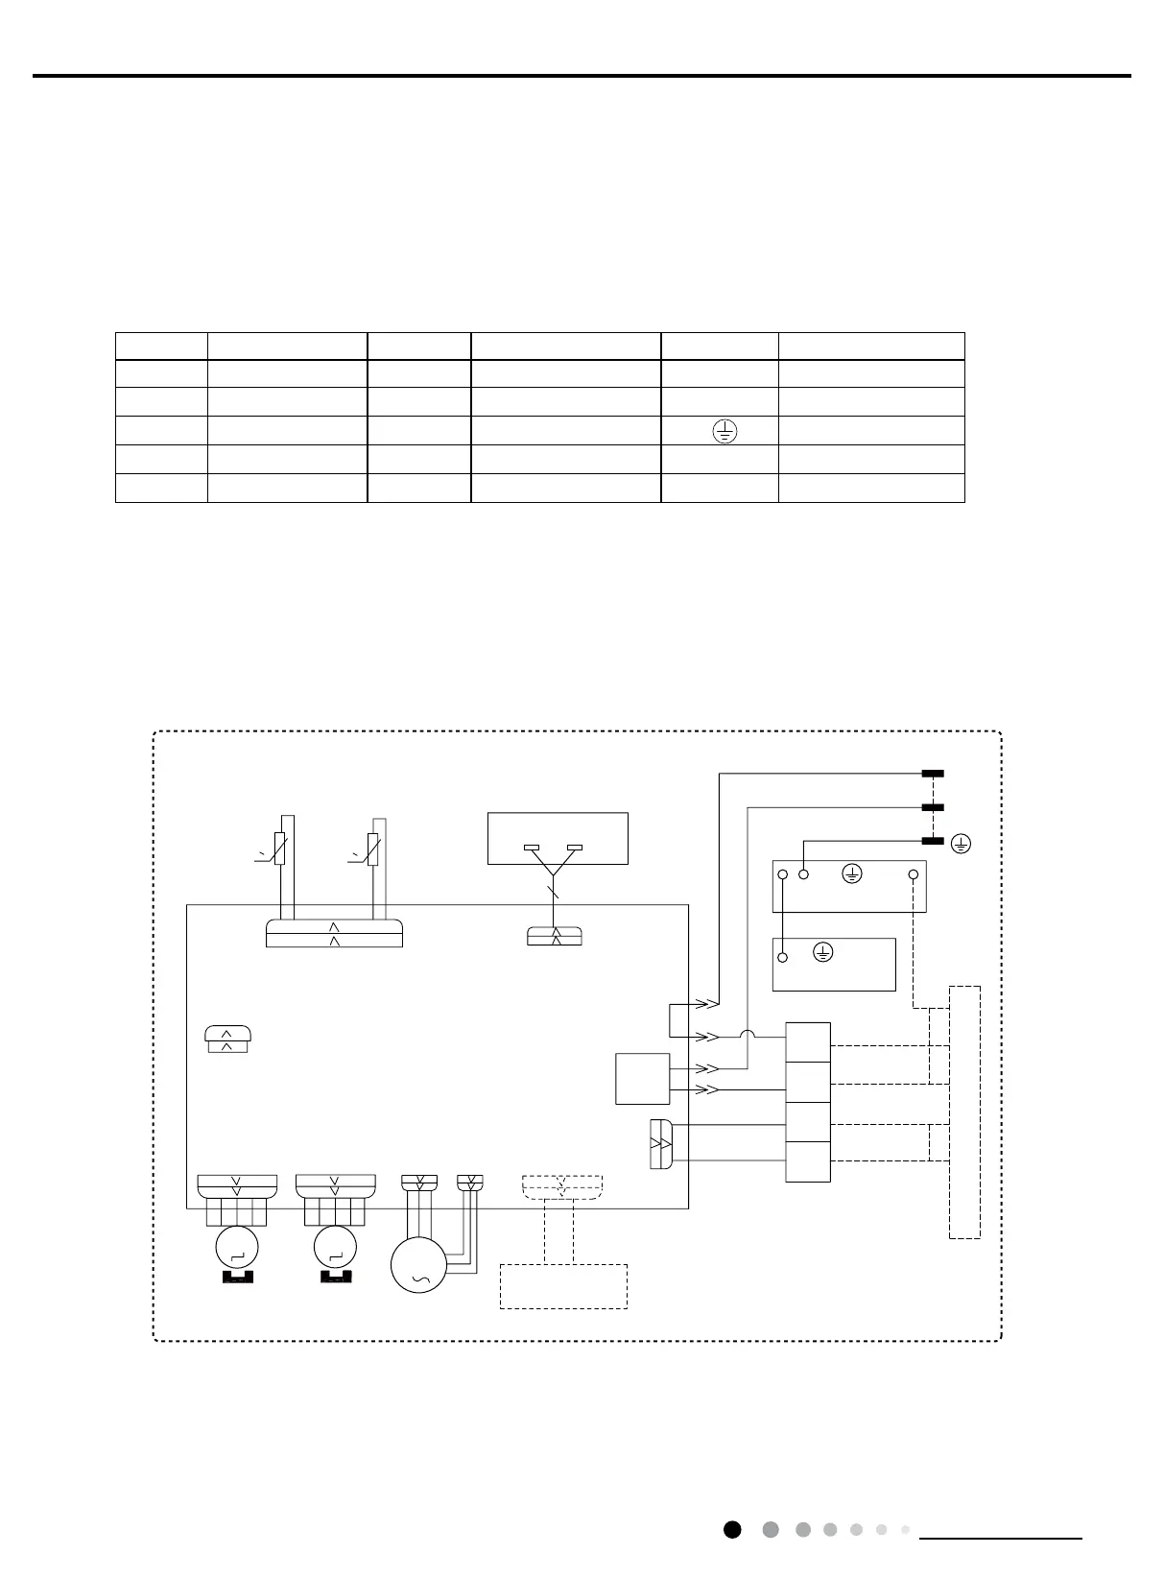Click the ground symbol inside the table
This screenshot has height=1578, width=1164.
[725, 432]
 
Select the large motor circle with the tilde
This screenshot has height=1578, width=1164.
[418, 1265]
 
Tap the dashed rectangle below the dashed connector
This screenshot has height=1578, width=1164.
[563, 1286]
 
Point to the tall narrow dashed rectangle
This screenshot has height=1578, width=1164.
[964, 1112]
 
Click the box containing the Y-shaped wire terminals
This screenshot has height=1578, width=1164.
[558, 839]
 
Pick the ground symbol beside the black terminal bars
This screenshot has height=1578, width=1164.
[961, 844]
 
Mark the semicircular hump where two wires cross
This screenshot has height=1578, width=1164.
[747, 1035]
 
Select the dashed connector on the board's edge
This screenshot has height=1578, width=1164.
[562, 1187]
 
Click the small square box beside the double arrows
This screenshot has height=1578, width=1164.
[642, 1079]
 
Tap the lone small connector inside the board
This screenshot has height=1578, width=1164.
[227, 1039]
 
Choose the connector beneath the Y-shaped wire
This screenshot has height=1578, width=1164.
[555, 936]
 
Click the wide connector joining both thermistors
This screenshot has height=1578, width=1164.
[334, 934]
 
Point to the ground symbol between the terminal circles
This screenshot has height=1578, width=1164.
[851, 873]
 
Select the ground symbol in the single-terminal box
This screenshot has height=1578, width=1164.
[822, 952]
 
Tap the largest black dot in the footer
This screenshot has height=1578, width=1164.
[732, 1529]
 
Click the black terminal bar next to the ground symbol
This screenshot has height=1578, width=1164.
[933, 841]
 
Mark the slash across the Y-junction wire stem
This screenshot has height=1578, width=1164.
[552, 894]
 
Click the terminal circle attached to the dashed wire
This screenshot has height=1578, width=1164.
[913, 874]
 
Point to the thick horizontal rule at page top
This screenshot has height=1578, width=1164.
[582, 76]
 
